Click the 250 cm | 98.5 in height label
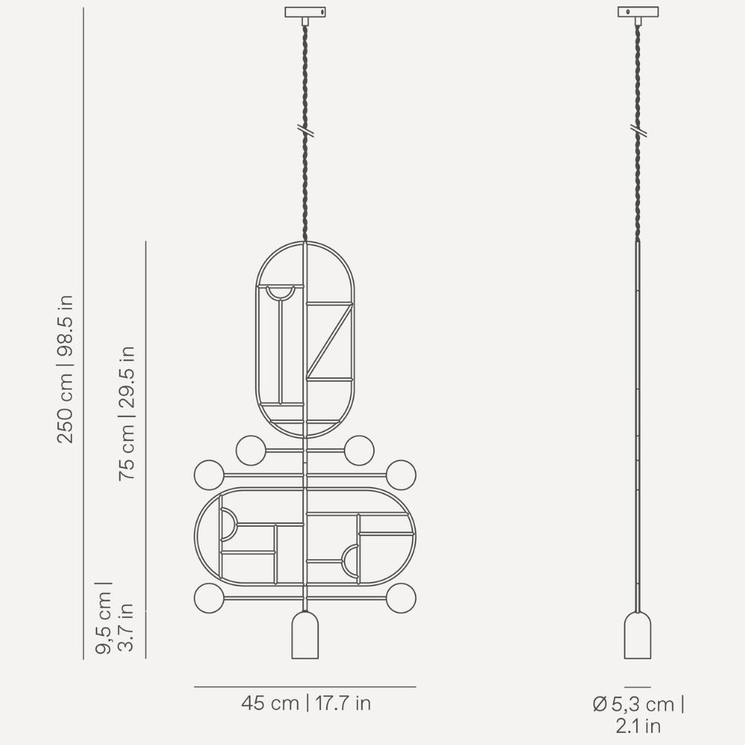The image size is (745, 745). [x=65, y=370]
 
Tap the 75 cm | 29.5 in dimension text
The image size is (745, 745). [x=127, y=413]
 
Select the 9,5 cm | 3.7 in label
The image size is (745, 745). [x=114, y=617]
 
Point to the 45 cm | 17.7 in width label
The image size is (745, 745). [x=305, y=703]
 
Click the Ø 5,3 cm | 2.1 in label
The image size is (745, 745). [x=638, y=714]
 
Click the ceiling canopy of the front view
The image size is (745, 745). [x=305, y=13]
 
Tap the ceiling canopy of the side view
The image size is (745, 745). [x=638, y=13]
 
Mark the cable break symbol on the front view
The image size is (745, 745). [x=305, y=130]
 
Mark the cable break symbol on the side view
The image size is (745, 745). [x=638, y=130]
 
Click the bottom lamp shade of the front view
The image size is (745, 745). [x=305, y=635]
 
